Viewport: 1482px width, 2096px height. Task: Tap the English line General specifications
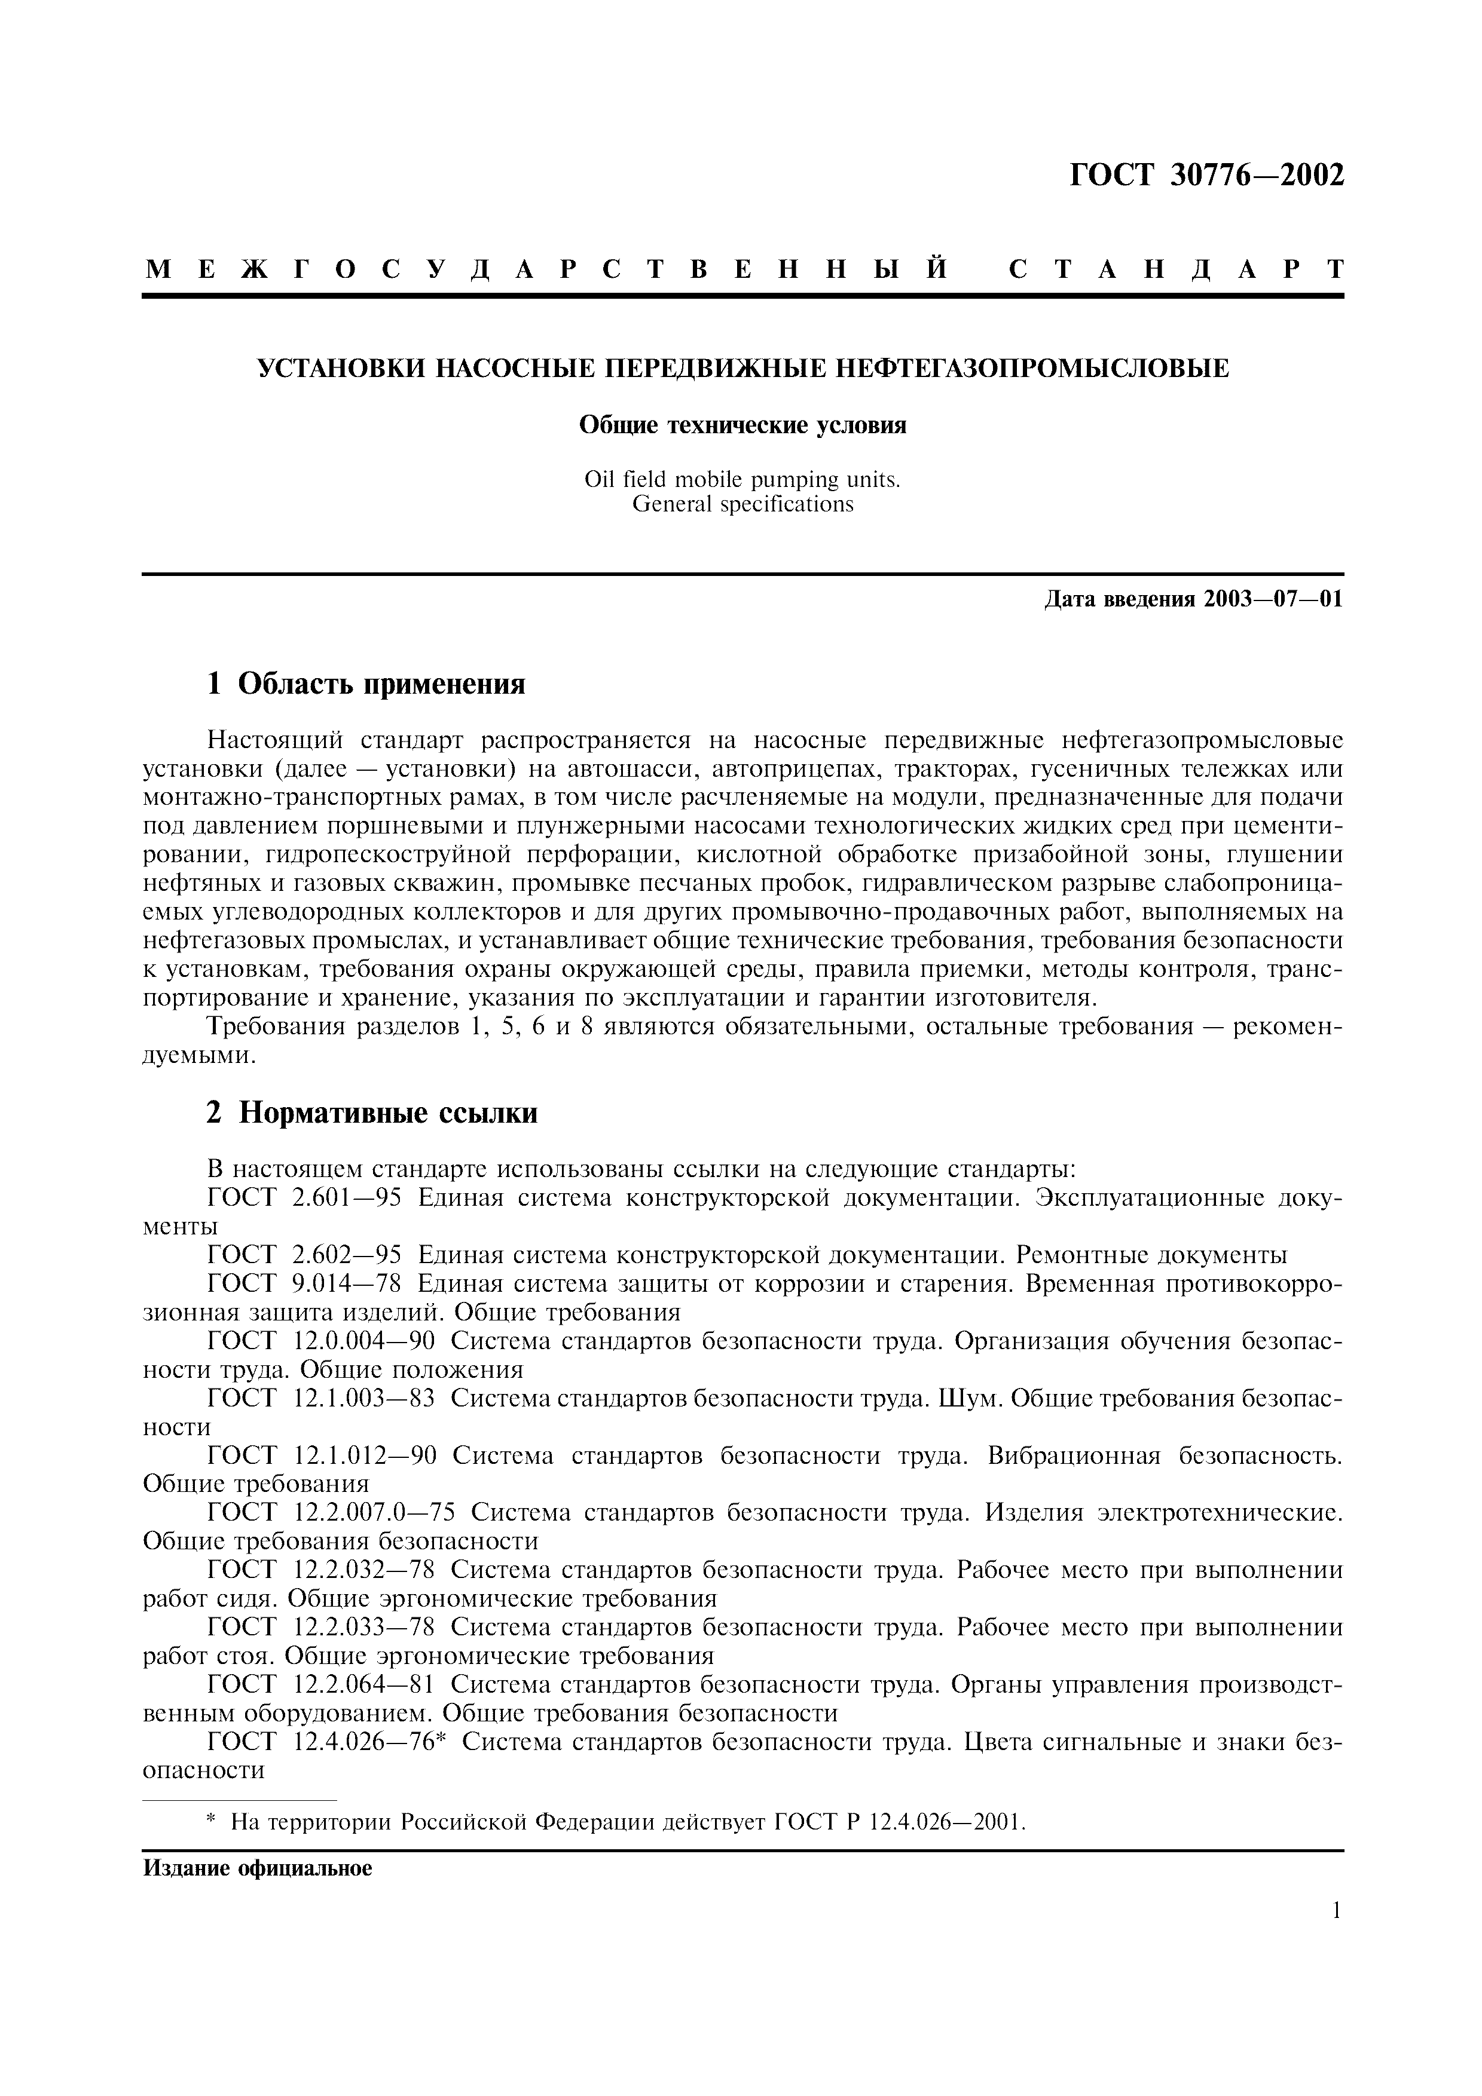742,504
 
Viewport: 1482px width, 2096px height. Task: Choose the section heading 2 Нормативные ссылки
372,1113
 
